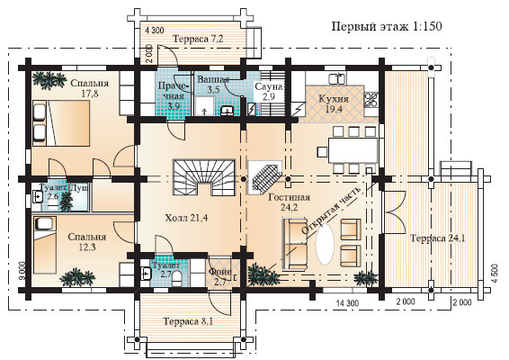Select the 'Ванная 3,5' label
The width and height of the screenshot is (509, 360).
214,85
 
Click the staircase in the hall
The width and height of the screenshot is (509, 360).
206,173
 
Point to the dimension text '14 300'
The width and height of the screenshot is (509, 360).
351,303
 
